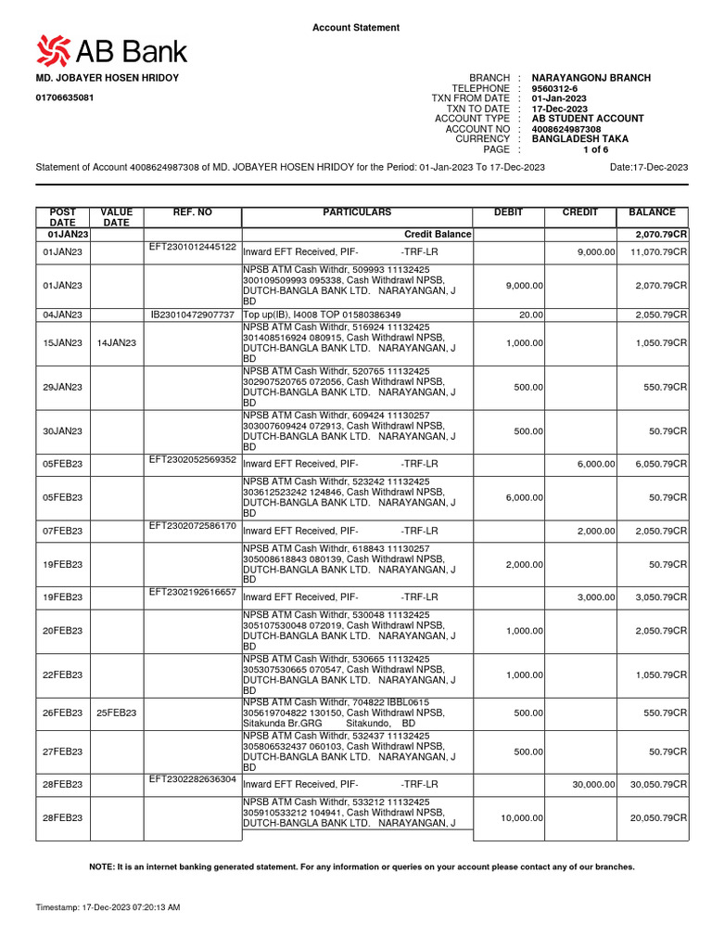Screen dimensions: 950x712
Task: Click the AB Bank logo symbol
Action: (51, 51)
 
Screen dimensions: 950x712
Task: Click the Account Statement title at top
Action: (356, 28)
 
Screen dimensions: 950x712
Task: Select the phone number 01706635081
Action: (64, 97)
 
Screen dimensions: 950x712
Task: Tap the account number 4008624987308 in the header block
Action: (572, 129)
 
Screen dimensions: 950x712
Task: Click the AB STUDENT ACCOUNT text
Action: (587, 119)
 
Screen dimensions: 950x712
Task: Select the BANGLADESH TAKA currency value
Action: (580, 139)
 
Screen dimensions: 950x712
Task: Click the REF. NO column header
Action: (193, 213)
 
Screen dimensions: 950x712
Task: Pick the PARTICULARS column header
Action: (357, 213)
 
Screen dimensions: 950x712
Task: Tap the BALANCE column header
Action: (652, 213)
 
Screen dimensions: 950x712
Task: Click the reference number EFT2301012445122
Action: (193, 247)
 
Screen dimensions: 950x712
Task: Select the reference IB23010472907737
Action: (193, 315)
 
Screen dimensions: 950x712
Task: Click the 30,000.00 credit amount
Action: (592, 785)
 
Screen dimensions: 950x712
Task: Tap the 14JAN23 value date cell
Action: (116, 343)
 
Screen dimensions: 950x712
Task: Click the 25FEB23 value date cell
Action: (116, 713)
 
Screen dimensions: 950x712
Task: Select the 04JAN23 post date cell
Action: (63, 315)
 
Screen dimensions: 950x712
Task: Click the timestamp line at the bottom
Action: (108, 906)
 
